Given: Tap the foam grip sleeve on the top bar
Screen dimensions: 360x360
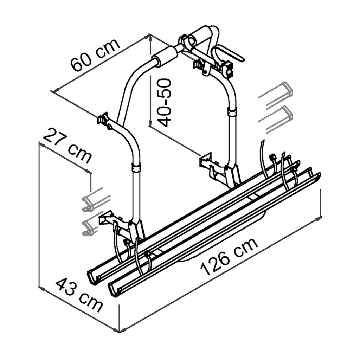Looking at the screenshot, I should click(x=164, y=56).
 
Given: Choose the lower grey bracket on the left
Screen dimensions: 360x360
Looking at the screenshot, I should click(x=90, y=225).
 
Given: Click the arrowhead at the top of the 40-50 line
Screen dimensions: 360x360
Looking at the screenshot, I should click(x=150, y=35).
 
